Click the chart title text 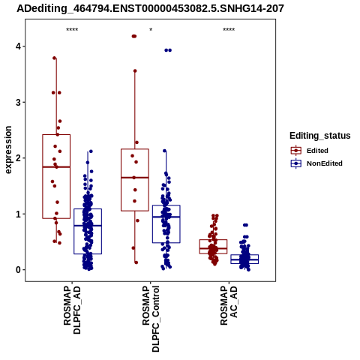pos(150,8)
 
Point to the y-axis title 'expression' pos(8,150)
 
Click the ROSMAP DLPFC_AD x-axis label pos(72,310)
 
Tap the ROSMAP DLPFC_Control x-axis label pos(151,319)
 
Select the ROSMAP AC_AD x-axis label pos(229,305)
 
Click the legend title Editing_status pos(320,136)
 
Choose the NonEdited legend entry pos(316,163)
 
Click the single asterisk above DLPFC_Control pos(151,30)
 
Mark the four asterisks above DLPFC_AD pos(72,30)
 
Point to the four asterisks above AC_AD pos(229,30)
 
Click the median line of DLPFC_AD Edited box pos(56,166)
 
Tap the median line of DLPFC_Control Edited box pos(135,178)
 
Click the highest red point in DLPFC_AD pos(55,58)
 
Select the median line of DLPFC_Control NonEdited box pos(166,217)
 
